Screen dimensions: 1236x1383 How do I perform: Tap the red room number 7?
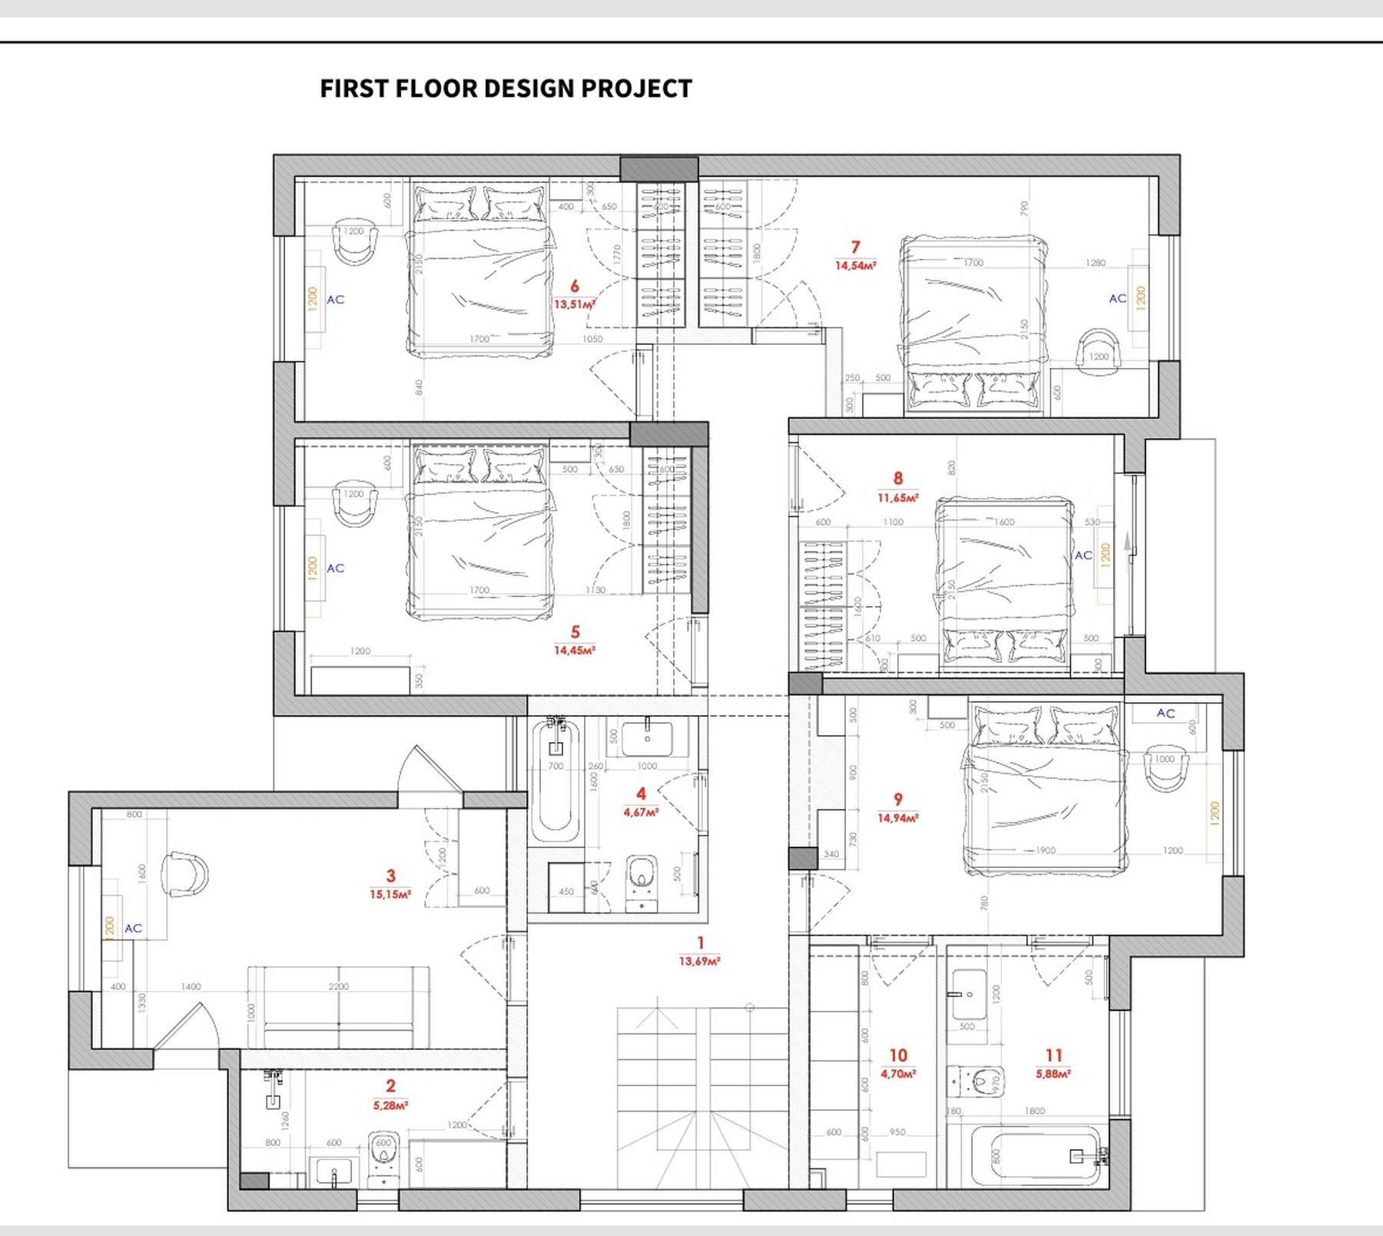[855, 247]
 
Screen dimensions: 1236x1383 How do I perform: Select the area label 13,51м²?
[574, 304]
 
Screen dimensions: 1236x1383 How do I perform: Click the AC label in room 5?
[336, 568]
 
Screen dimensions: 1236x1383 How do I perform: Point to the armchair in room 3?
[185, 874]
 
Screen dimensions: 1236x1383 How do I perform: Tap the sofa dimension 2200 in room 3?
[339, 986]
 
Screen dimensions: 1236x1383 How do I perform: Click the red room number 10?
[898, 1055]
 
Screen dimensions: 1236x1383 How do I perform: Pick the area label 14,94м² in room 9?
[897, 818]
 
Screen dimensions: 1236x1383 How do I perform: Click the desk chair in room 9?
[1166, 768]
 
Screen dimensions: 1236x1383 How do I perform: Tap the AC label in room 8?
[1083, 555]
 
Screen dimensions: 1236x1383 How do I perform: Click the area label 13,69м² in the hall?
[699, 961]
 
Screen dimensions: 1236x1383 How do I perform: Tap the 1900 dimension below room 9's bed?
[1046, 850]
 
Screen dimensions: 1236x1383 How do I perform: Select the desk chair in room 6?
[355, 243]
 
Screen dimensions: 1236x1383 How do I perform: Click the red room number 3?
[390, 876]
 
